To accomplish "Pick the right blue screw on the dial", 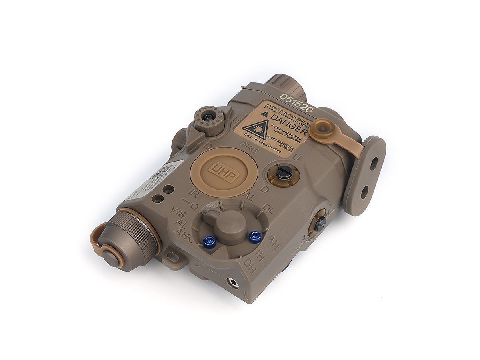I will (x=255, y=236).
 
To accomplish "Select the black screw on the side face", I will (x=320, y=224).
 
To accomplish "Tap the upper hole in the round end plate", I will (x=374, y=164).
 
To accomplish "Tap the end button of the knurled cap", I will (x=111, y=257).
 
